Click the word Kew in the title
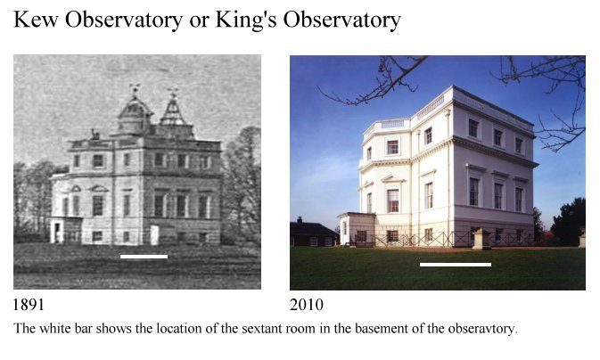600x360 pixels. click(x=36, y=19)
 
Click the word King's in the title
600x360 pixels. click(x=246, y=20)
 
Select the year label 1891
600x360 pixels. click(x=29, y=305)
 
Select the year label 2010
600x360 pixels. click(x=307, y=305)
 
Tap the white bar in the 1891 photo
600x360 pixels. click(x=144, y=257)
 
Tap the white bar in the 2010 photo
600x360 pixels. click(x=456, y=265)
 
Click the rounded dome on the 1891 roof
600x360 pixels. click(x=134, y=115)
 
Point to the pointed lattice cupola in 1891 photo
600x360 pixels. click(x=173, y=111)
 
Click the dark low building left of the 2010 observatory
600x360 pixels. click(x=313, y=233)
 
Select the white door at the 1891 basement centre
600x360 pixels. click(x=154, y=235)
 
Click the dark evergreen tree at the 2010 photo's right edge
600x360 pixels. click(x=568, y=222)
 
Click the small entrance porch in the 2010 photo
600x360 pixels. click(x=357, y=228)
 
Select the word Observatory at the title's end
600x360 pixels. click(x=341, y=20)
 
